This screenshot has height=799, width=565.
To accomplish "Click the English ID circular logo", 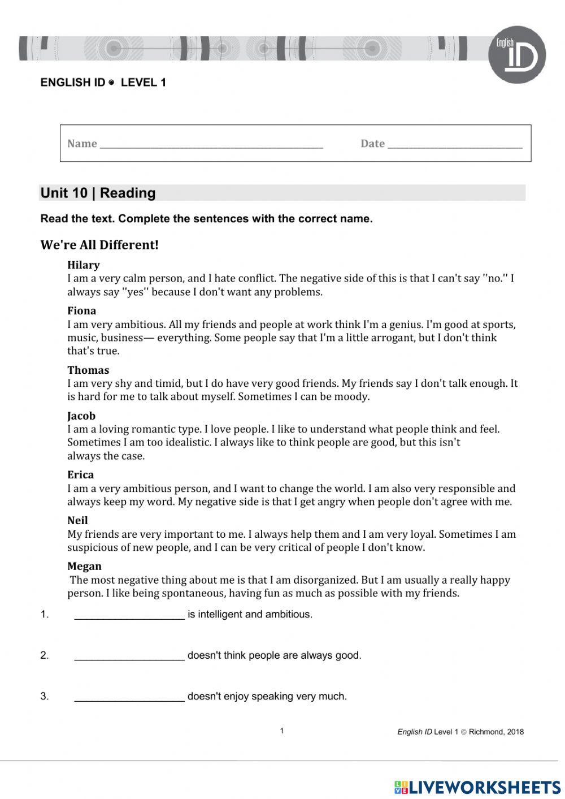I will tap(516, 55).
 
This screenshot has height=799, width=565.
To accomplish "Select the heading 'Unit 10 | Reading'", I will tap(98, 193).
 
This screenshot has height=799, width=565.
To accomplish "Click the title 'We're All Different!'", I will tap(99, 245).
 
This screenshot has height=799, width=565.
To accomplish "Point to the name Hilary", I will tap(83, 265).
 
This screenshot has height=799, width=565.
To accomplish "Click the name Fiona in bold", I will tap(81, 310).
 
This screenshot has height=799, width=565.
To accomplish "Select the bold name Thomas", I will tap(88, 370).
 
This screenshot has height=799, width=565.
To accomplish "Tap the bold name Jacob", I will tap(81, 416).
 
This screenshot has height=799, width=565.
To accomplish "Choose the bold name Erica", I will tap(80, 474).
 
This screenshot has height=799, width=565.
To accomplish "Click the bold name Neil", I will tap(77, 520).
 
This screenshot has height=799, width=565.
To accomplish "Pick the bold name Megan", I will tap(84, 566).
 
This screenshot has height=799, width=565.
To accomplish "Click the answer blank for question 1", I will tap(129, 616).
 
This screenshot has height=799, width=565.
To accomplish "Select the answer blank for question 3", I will tap(129, 698).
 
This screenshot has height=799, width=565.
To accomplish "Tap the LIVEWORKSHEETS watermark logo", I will tap(477, 787).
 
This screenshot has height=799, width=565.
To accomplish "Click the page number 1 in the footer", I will tap(282, 731).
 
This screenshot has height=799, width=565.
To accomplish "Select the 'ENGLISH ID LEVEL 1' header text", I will tap(103, 83).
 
